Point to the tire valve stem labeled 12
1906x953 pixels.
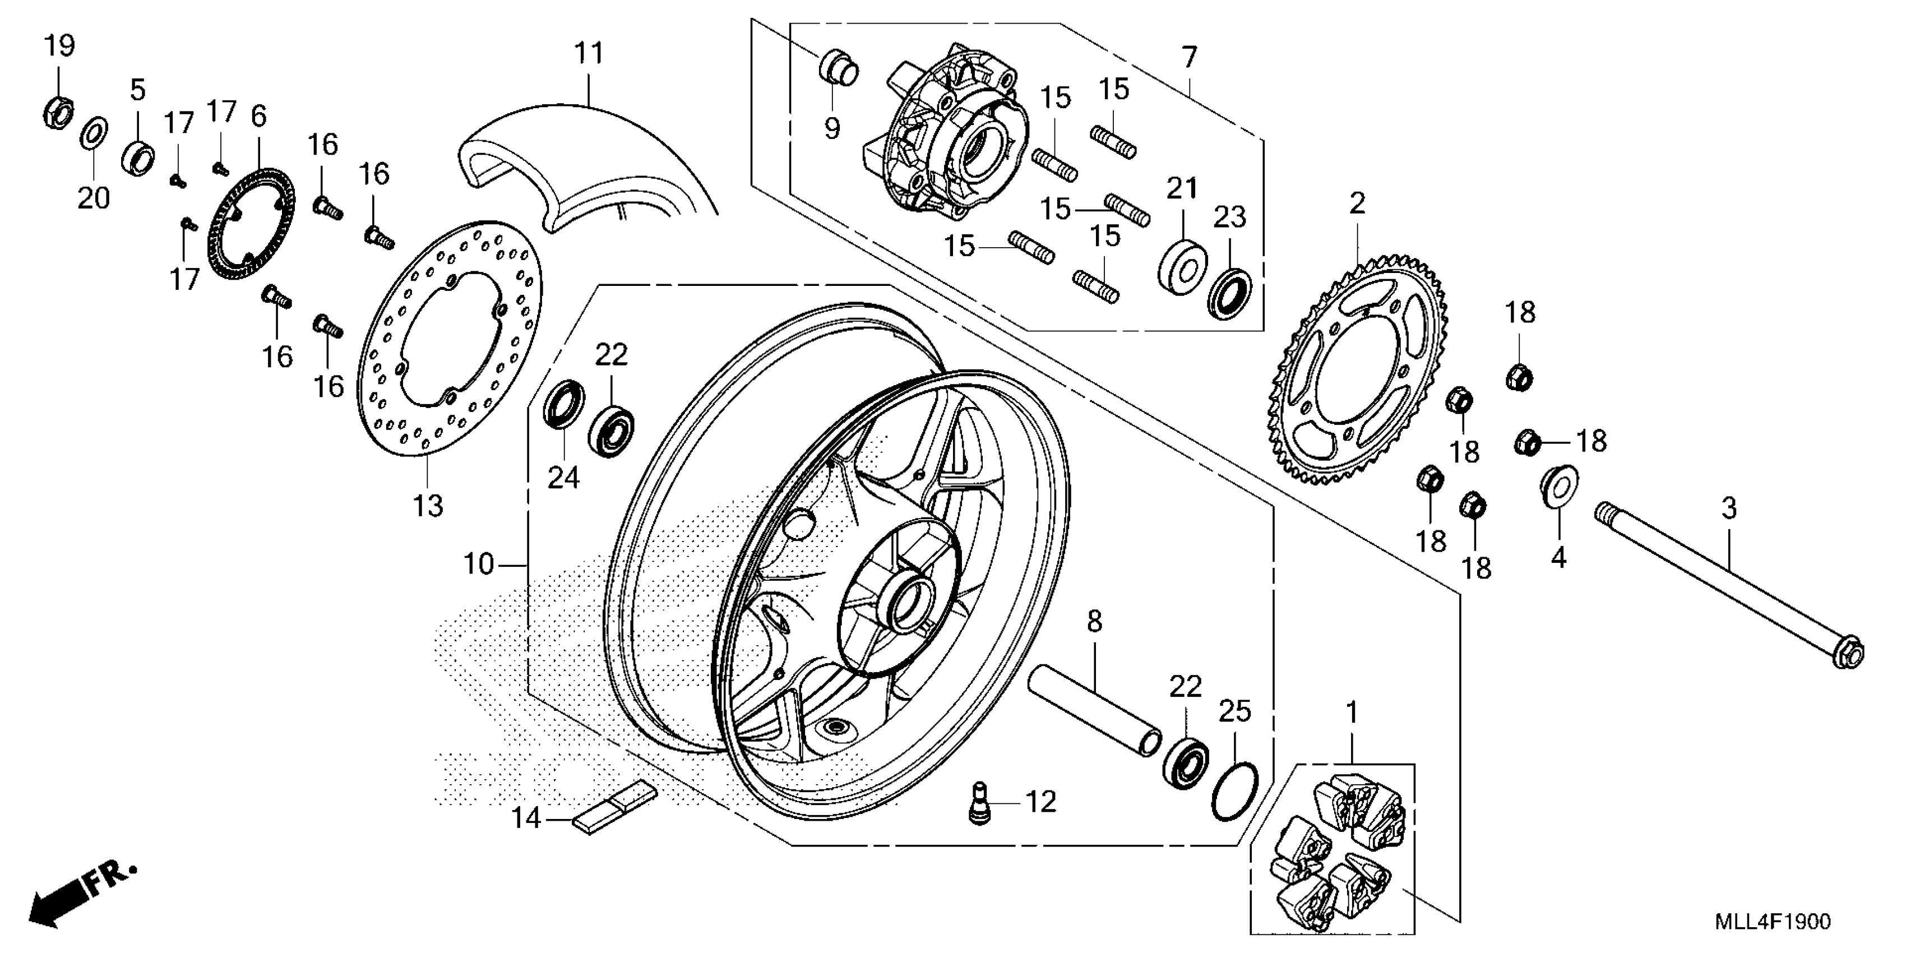pos(980,802)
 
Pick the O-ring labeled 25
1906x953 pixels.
pos(1235,791)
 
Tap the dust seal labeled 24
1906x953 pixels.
pos(565,403)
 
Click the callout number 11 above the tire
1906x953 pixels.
pos(589,53)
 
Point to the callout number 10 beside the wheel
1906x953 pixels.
pos(479,565)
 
